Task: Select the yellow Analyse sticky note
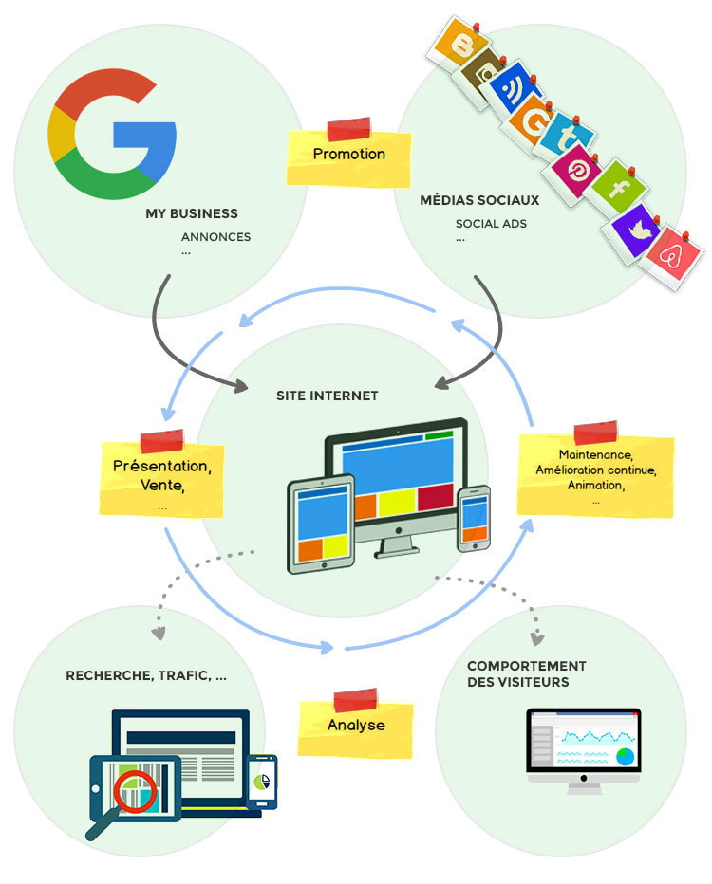coord(356,726)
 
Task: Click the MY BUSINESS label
coord(192,213)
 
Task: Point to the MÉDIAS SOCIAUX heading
coord(479,201)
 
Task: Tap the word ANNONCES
coord(215,237)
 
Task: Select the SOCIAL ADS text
coord(491,224)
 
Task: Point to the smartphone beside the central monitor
coord(474,518)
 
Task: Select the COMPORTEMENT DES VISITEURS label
coord(527,673)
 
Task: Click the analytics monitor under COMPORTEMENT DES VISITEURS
coord(584,748)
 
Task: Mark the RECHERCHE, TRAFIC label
coord(146,676)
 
